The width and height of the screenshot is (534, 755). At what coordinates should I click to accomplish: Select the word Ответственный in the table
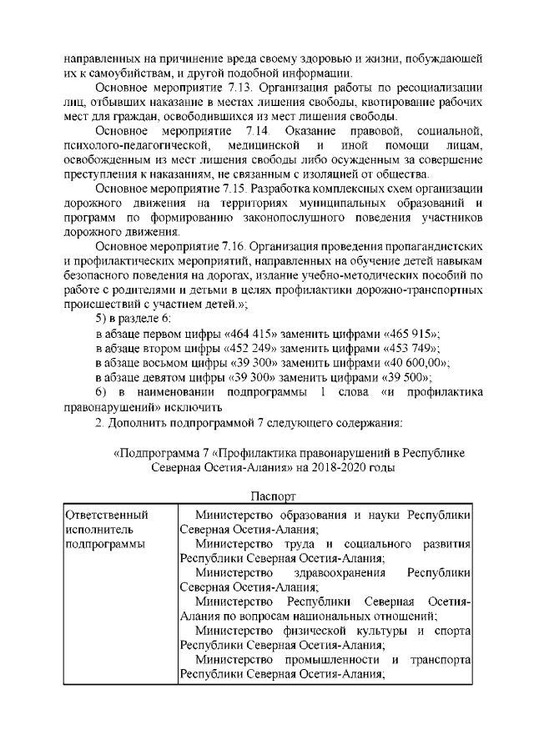pos(101,515)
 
